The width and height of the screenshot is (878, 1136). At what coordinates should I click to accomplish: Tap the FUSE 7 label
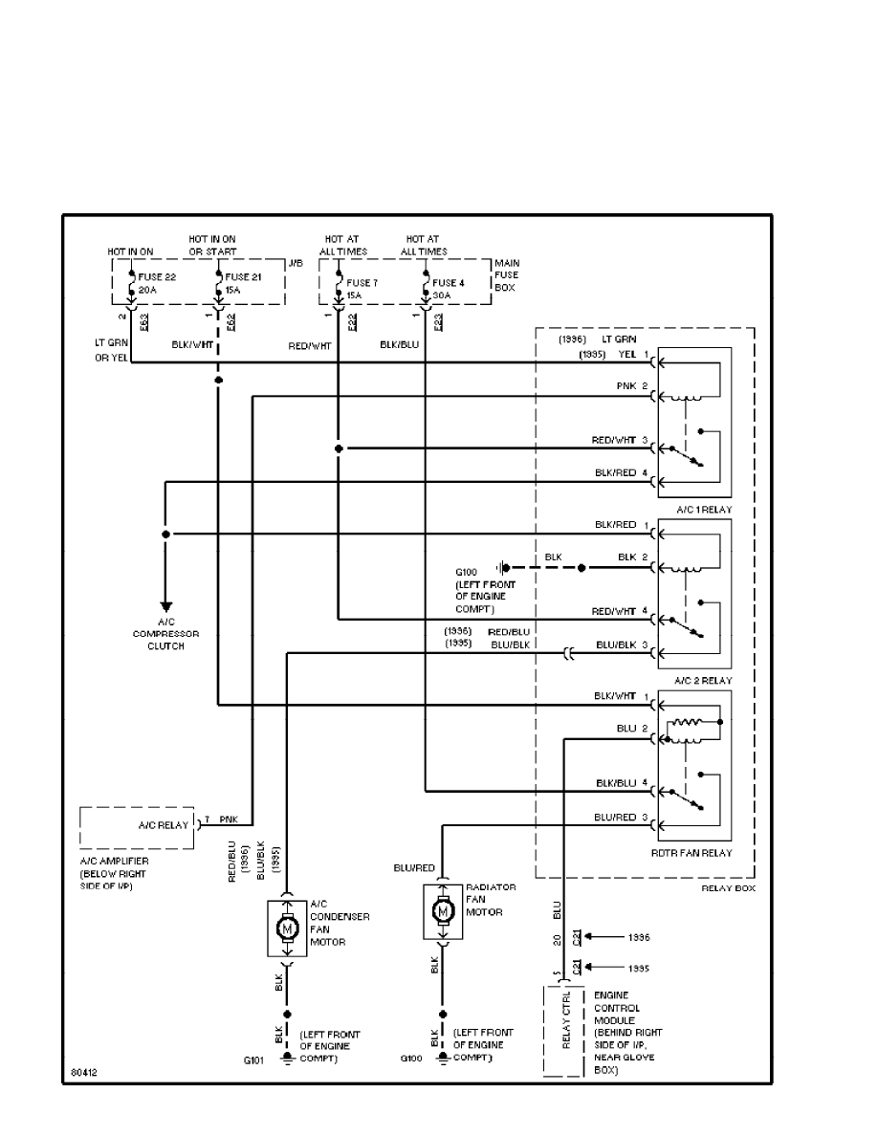click(x=362, y=283)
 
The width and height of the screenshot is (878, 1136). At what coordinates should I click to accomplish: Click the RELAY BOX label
click(x=729, y=888)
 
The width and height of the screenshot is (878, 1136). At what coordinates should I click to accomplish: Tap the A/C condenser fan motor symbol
click(x=287, y=927)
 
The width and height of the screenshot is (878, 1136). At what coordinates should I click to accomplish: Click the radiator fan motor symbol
click(x=443, y=911)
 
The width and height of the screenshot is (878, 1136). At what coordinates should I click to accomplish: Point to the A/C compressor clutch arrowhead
click(x=165, y=606)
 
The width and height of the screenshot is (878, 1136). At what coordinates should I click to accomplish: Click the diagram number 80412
click(x=83, y=1073)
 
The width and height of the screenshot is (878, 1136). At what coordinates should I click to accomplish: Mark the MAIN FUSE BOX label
click(x=507, y=275)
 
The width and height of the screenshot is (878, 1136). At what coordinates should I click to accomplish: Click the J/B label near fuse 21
click(x=294, y=262)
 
